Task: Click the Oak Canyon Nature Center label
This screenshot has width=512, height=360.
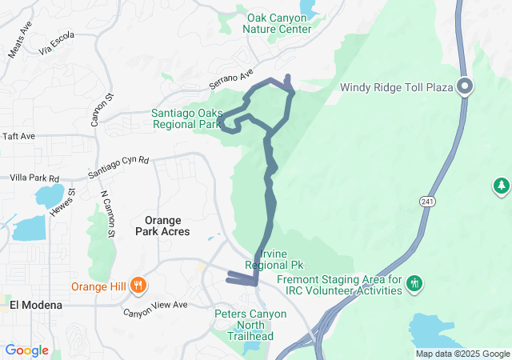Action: pos(278,23)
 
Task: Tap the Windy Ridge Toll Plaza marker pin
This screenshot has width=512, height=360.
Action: pos(465,86)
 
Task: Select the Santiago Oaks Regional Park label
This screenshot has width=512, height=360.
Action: pos(186,119)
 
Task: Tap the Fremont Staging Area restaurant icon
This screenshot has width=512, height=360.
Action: pos(414,283)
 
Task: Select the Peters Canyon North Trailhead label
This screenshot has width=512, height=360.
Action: pos(250,325)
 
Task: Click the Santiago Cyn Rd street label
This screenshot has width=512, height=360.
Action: pos(118,166)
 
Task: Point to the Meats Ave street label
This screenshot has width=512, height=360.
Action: pos(19,45)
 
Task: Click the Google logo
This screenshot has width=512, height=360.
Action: pos(26,350)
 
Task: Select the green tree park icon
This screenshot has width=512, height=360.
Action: pos(502,186)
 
